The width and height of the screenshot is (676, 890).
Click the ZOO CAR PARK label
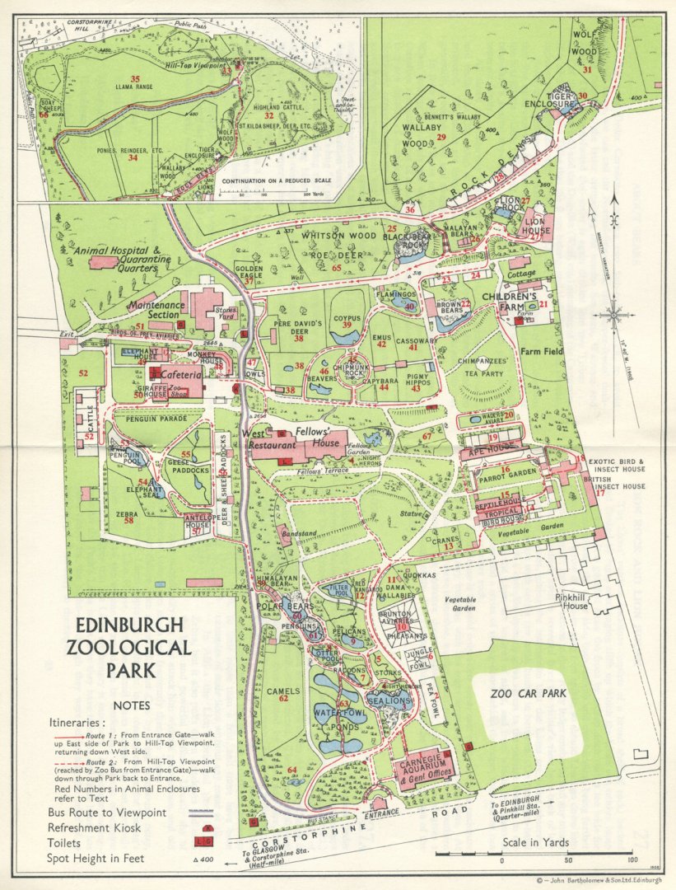click(528, 693)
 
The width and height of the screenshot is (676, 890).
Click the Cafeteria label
click(180, 374)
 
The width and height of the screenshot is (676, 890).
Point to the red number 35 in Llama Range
click(135, 79)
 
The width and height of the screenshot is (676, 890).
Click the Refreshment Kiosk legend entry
click(95, 827)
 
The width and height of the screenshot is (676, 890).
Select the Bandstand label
click(299, 533)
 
